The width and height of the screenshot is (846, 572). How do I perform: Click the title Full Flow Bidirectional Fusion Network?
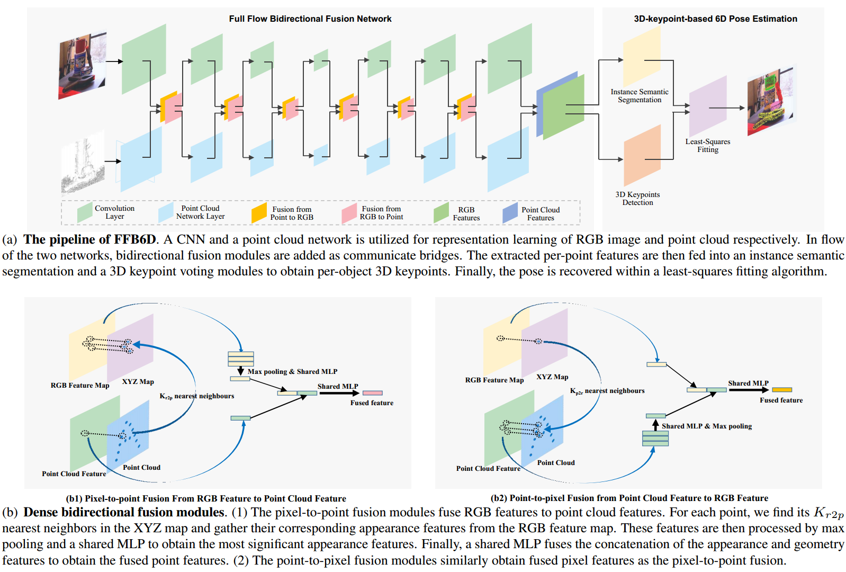(x=310, y=19)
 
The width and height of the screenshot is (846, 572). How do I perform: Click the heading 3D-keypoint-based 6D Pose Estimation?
(x=715, y=19)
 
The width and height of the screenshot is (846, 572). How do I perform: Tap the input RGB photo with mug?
(x=82, y=65)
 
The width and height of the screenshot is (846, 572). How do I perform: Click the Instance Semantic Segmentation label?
(x=640, y=96)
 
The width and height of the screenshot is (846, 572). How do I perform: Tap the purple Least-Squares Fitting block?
(x=708, y=106)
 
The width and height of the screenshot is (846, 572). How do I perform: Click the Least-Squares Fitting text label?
(x=708, y=146)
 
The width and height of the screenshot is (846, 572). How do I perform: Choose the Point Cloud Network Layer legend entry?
(x=193, y=212)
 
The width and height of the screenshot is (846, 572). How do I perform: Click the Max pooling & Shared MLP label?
(x=292, y=372)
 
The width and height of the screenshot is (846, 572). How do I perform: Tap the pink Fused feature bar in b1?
(x=372, y=393)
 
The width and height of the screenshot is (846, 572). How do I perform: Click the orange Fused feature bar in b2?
(x=782, y=390)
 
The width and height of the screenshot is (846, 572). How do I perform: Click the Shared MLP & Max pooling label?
(x=706, y=426)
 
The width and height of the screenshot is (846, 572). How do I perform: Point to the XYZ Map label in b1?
(x=138, y=382)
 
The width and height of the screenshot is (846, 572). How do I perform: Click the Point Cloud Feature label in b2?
(x=488, y=469)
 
